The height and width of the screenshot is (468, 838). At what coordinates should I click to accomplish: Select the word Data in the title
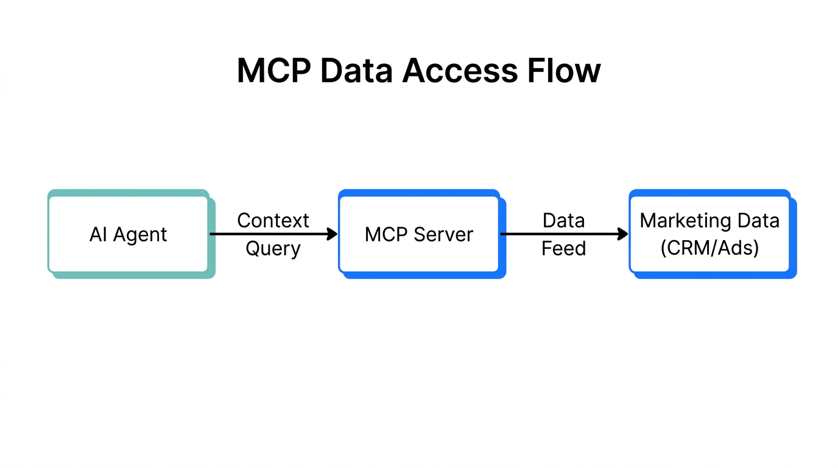355,71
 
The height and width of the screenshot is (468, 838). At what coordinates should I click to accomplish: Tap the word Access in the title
460,71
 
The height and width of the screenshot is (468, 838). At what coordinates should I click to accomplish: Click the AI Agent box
129,234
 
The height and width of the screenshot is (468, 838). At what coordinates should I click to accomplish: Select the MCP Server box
419,234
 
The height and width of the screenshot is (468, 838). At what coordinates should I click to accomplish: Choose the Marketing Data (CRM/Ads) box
709,234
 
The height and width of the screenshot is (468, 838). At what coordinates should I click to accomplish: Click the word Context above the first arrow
273,220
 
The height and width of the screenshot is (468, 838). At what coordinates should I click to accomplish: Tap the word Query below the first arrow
273,249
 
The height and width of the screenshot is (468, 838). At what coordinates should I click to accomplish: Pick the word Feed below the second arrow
563,249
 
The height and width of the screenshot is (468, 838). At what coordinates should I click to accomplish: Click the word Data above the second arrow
563,220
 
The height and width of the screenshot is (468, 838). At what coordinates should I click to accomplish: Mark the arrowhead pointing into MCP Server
332,234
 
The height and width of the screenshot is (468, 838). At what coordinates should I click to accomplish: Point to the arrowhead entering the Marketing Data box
622,234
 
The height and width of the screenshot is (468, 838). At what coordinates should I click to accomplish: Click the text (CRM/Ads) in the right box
709,249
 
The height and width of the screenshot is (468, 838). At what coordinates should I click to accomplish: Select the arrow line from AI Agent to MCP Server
268,234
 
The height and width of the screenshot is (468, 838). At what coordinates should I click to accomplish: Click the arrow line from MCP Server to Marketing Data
557,234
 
